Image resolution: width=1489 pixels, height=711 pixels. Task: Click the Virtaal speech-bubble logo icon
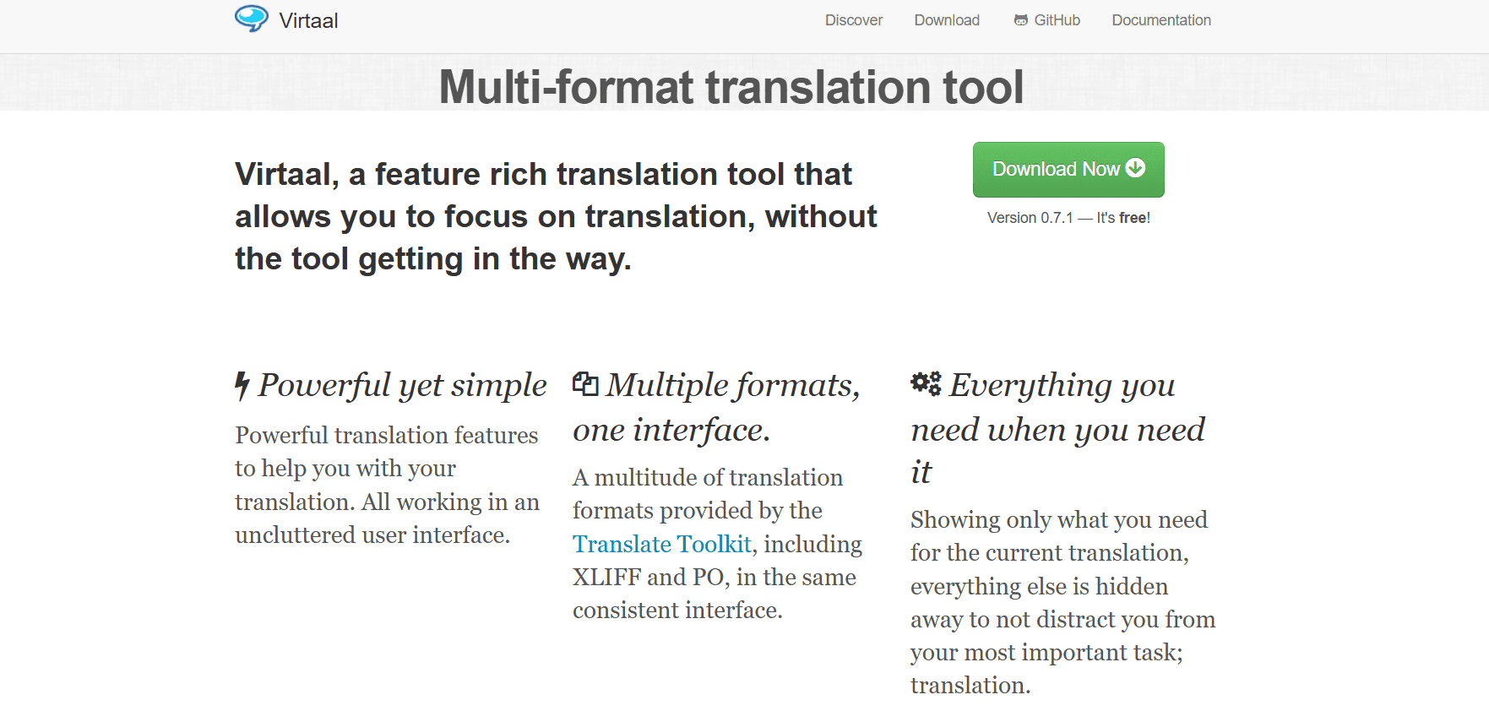click(x=252, y=19)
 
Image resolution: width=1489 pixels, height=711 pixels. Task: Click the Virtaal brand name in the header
click(x=308, y=20)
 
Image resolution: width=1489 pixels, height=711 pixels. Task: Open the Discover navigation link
click(x=854, y=20)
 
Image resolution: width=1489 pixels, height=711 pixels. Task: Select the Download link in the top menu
click(x=947, y=20)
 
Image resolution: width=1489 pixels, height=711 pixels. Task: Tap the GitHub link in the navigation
click(x=1047, y=20)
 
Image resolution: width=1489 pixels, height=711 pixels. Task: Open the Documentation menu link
click(x=1161, y=20)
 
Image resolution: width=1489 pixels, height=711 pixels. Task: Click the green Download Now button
click(x=1068, y=170)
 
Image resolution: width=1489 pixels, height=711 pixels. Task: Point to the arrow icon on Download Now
click(x=1136, y=168)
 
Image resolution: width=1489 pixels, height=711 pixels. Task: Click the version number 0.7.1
click(x=1057, y=218)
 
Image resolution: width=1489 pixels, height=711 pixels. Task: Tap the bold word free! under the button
click(x=1134, y=218)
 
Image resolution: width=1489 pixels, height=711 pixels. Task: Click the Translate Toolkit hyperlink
click(x=662, y=544)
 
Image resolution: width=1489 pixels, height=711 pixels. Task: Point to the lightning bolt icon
click(x=242, y=386)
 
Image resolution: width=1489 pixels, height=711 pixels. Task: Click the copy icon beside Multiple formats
click(x=585, y=384)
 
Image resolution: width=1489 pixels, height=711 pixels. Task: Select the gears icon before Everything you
click(x=926, y=383)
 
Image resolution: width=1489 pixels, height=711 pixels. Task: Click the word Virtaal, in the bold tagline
click(x=287, y=175)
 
